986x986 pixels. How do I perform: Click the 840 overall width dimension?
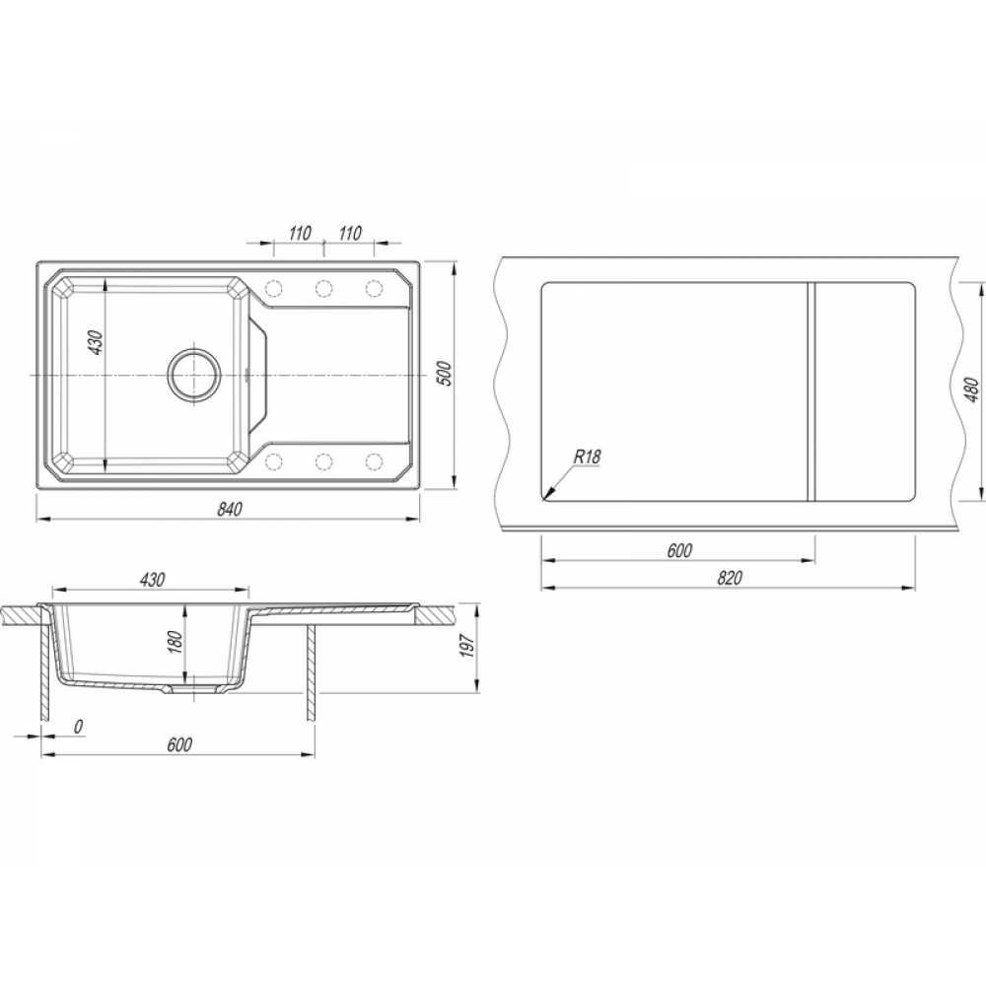pyautogui.click(x=230, y=510)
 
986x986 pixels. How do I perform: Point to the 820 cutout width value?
pyautogui.click(x=729, y=578)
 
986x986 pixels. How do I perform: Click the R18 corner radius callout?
pyautogui.click(x=586, y=457)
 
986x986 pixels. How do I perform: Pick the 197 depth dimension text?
pyautogui.click(x=466, y=646)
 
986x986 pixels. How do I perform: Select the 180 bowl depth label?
pyautogui.click(x=176, y=642)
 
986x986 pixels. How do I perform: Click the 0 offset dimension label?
pyautogui.click(x=78, y=727)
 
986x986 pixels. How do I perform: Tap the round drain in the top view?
pyautogui.click(x=194, y=374)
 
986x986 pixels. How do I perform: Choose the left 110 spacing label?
pyautogui.click(x=300, y=234)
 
